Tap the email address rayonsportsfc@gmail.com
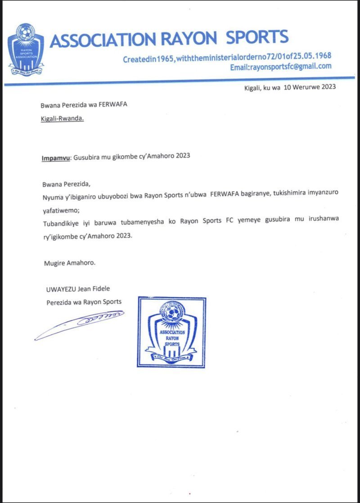pos(281,67)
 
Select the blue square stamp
pos(171,332)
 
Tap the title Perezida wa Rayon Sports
pos(84,302)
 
